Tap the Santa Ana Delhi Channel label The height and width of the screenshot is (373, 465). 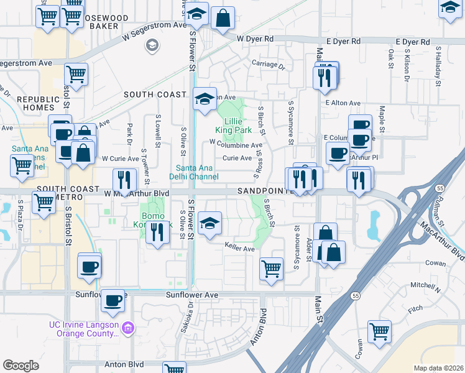click(x=197, y=172)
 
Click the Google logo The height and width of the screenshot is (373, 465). click(x=21, y=366)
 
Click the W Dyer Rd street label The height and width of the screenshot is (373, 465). click(x=256, y=39)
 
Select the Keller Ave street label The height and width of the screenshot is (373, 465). click(x=240, y=249)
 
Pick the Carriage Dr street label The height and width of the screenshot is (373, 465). click(x=268, y=64)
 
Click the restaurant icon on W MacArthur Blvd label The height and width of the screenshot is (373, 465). click(x=124, y=180)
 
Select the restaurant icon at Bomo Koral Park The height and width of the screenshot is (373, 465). click(x=158, y=232)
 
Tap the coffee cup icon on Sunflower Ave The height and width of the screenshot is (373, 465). click(x=113, y=301)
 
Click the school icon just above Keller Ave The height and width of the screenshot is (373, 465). click(x=210, y=223)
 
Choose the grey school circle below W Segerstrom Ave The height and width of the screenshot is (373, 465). click(x=152, y=45)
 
